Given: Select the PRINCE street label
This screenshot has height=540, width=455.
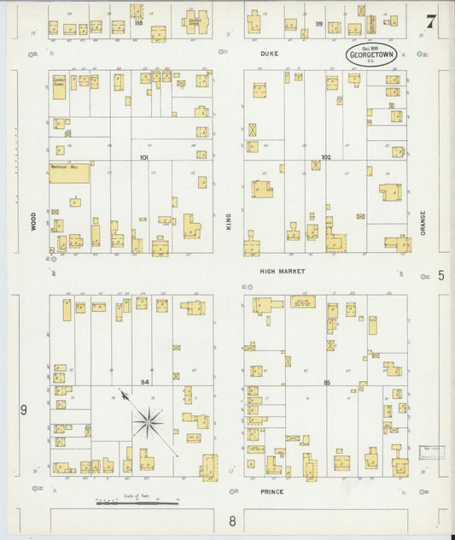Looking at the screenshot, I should point(271,492).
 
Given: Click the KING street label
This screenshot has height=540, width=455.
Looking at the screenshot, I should point(229,222).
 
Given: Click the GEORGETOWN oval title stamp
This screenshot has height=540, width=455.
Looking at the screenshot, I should point(369,55).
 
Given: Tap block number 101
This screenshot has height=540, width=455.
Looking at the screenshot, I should point(143,157).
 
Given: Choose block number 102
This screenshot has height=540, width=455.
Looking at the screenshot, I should point(325,157).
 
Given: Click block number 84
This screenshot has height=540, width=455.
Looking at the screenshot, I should point(144,381).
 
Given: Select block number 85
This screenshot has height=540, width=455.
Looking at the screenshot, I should point(326,381).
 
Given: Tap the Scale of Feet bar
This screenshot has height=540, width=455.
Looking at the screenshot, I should point(137,503).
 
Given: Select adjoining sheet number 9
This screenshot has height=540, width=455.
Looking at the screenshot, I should point(24,410).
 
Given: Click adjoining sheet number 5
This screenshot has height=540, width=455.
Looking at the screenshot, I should point(440,275).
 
